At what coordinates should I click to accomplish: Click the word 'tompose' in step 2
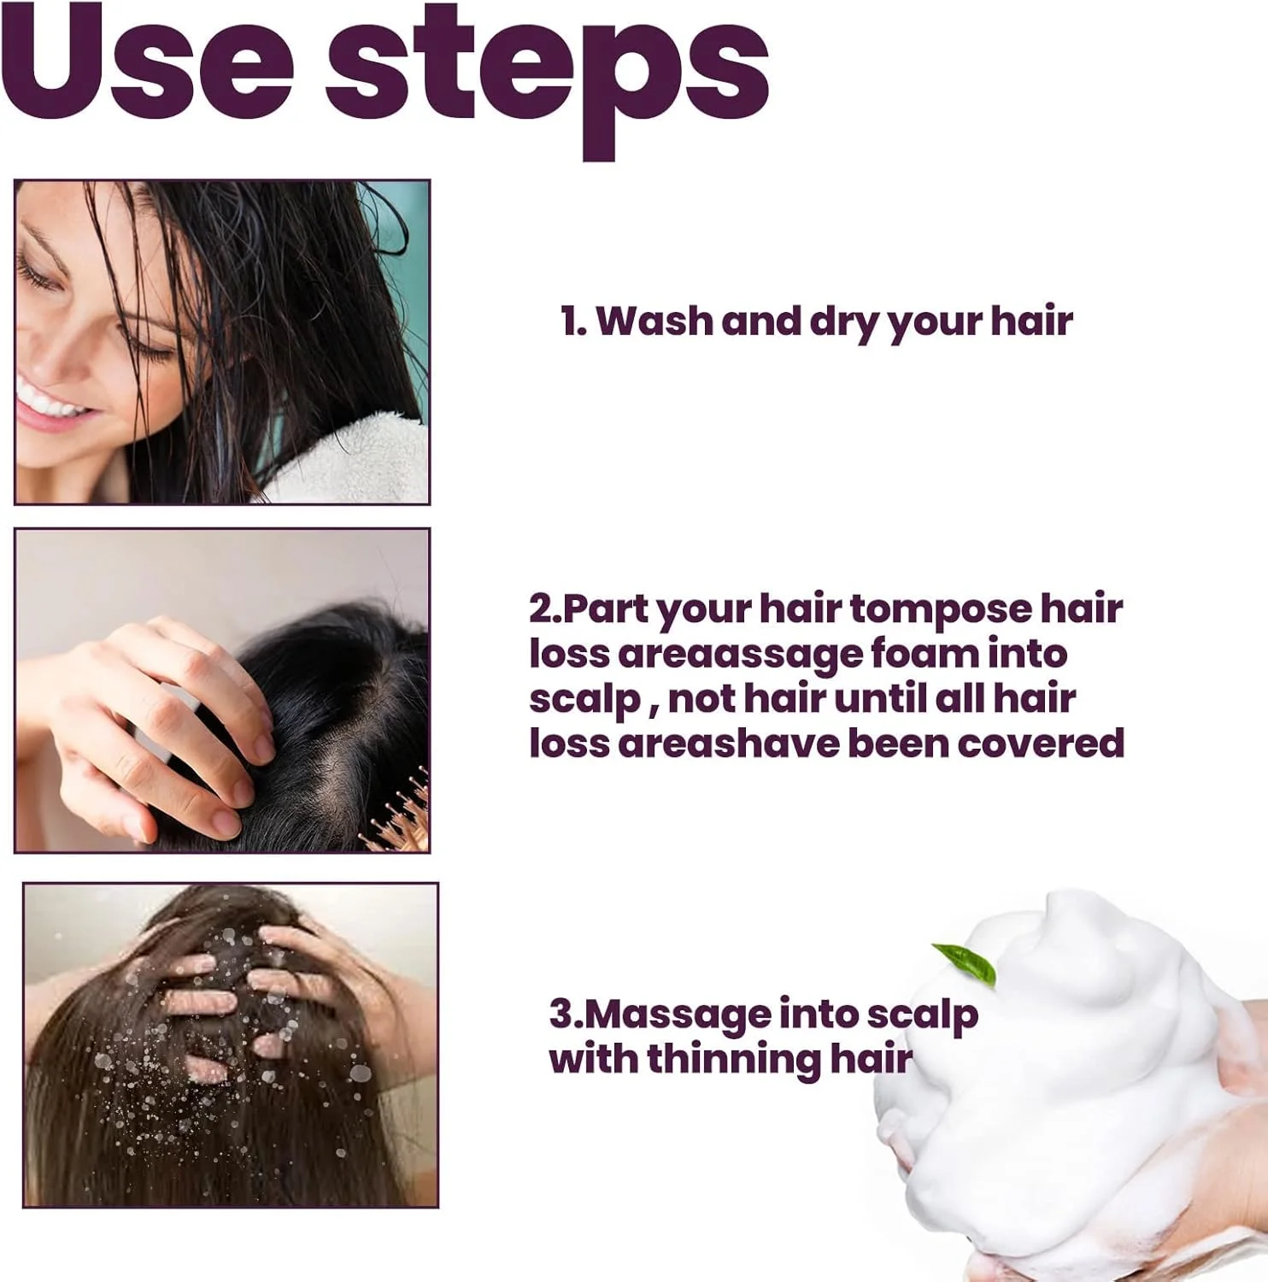click(x=941, y=610)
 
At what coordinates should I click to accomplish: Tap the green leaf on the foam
click(x=966, y=962)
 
